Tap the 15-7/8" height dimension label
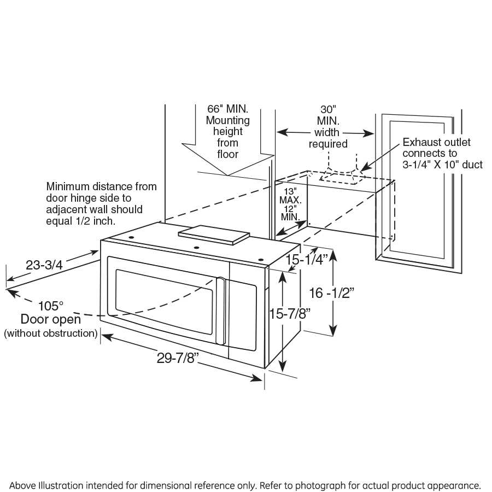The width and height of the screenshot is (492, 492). coord(290,314)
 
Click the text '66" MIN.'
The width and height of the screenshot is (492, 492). coord(227,109)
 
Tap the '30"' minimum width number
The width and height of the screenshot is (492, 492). coord(327,109)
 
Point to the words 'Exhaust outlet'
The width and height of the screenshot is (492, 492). coord(436,143)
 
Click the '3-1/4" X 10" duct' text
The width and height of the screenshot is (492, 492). coord(439,165)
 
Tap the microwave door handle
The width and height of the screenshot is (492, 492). coord(221,311)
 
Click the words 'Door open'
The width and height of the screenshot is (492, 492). coord(51,319)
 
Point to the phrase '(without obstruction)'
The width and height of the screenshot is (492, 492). coord(51,333)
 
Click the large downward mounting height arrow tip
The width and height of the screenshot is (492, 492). coord(228,175)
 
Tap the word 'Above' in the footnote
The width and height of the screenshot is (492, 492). coord(24,485)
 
